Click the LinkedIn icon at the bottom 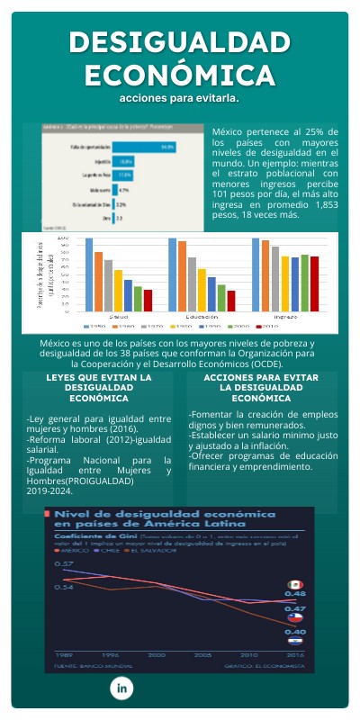click(x=121, y=688)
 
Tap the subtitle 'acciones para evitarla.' click(x=179, y=96)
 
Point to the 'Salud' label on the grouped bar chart click(x=118, y=317)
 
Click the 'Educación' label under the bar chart click(x=202, y=317)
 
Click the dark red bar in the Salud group click(x=148, y=300)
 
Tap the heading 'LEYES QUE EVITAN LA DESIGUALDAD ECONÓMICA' click(x=99, y=387)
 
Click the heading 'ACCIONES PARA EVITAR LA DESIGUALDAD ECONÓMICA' click(x=261, y=387)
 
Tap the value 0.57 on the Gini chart click(x=64, y=563)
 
